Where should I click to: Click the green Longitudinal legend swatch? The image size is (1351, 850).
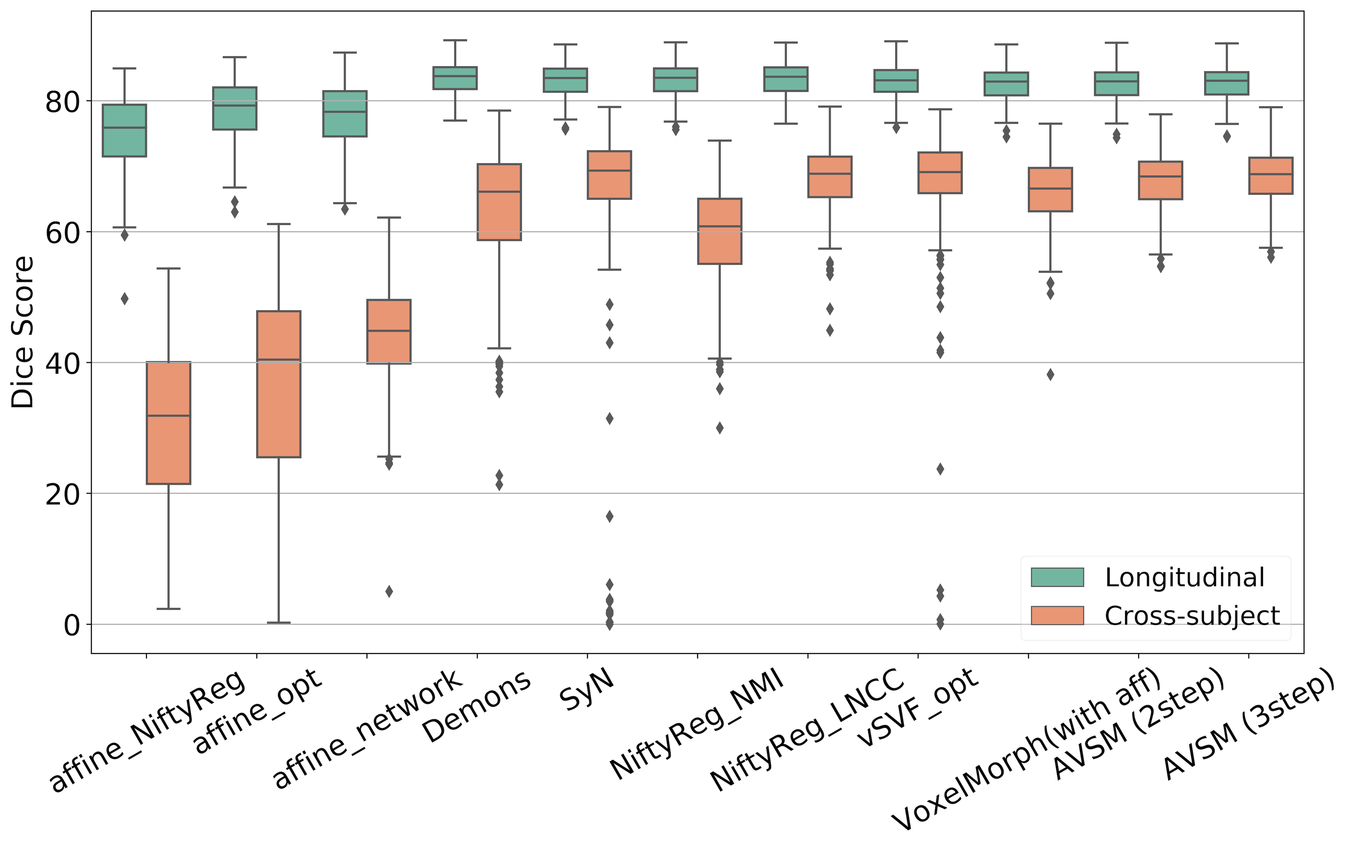[x=1057, y=577]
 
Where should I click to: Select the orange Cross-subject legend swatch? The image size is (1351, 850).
[x=1057, y=615]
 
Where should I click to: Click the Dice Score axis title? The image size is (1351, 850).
[x=23, y=332]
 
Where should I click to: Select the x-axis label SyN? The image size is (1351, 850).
[x=587, y=691]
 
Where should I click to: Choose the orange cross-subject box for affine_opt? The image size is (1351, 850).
[x=279, y=384]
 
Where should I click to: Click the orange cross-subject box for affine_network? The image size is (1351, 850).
[x=389, y=332]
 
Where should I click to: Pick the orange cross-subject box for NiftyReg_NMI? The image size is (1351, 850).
[x=720, y=231]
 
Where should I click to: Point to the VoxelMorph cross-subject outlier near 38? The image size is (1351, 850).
[x=1050, y=375]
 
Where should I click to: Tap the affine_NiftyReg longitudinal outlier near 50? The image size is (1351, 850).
[x=124, y=299]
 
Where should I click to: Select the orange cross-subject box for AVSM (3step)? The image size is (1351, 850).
[x=1271, y=176]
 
